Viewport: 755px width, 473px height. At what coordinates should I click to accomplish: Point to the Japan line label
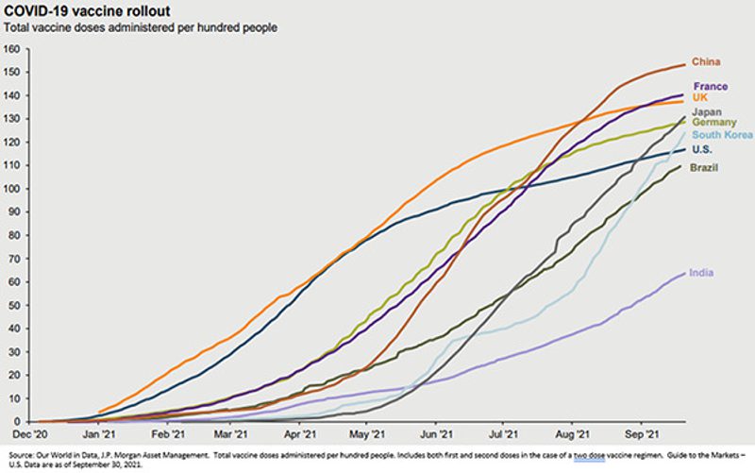point(707,111)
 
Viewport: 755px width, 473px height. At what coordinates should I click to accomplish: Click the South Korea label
point(721,135)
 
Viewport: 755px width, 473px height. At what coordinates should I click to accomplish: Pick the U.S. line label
point(702,150)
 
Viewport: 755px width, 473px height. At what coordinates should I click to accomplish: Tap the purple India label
point(701,273)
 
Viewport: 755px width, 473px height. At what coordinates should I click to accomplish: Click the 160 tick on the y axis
point(12,49)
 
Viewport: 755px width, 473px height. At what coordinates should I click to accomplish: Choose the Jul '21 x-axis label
point(503,435)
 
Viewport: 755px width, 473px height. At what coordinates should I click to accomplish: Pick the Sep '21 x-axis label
point(643,435)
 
